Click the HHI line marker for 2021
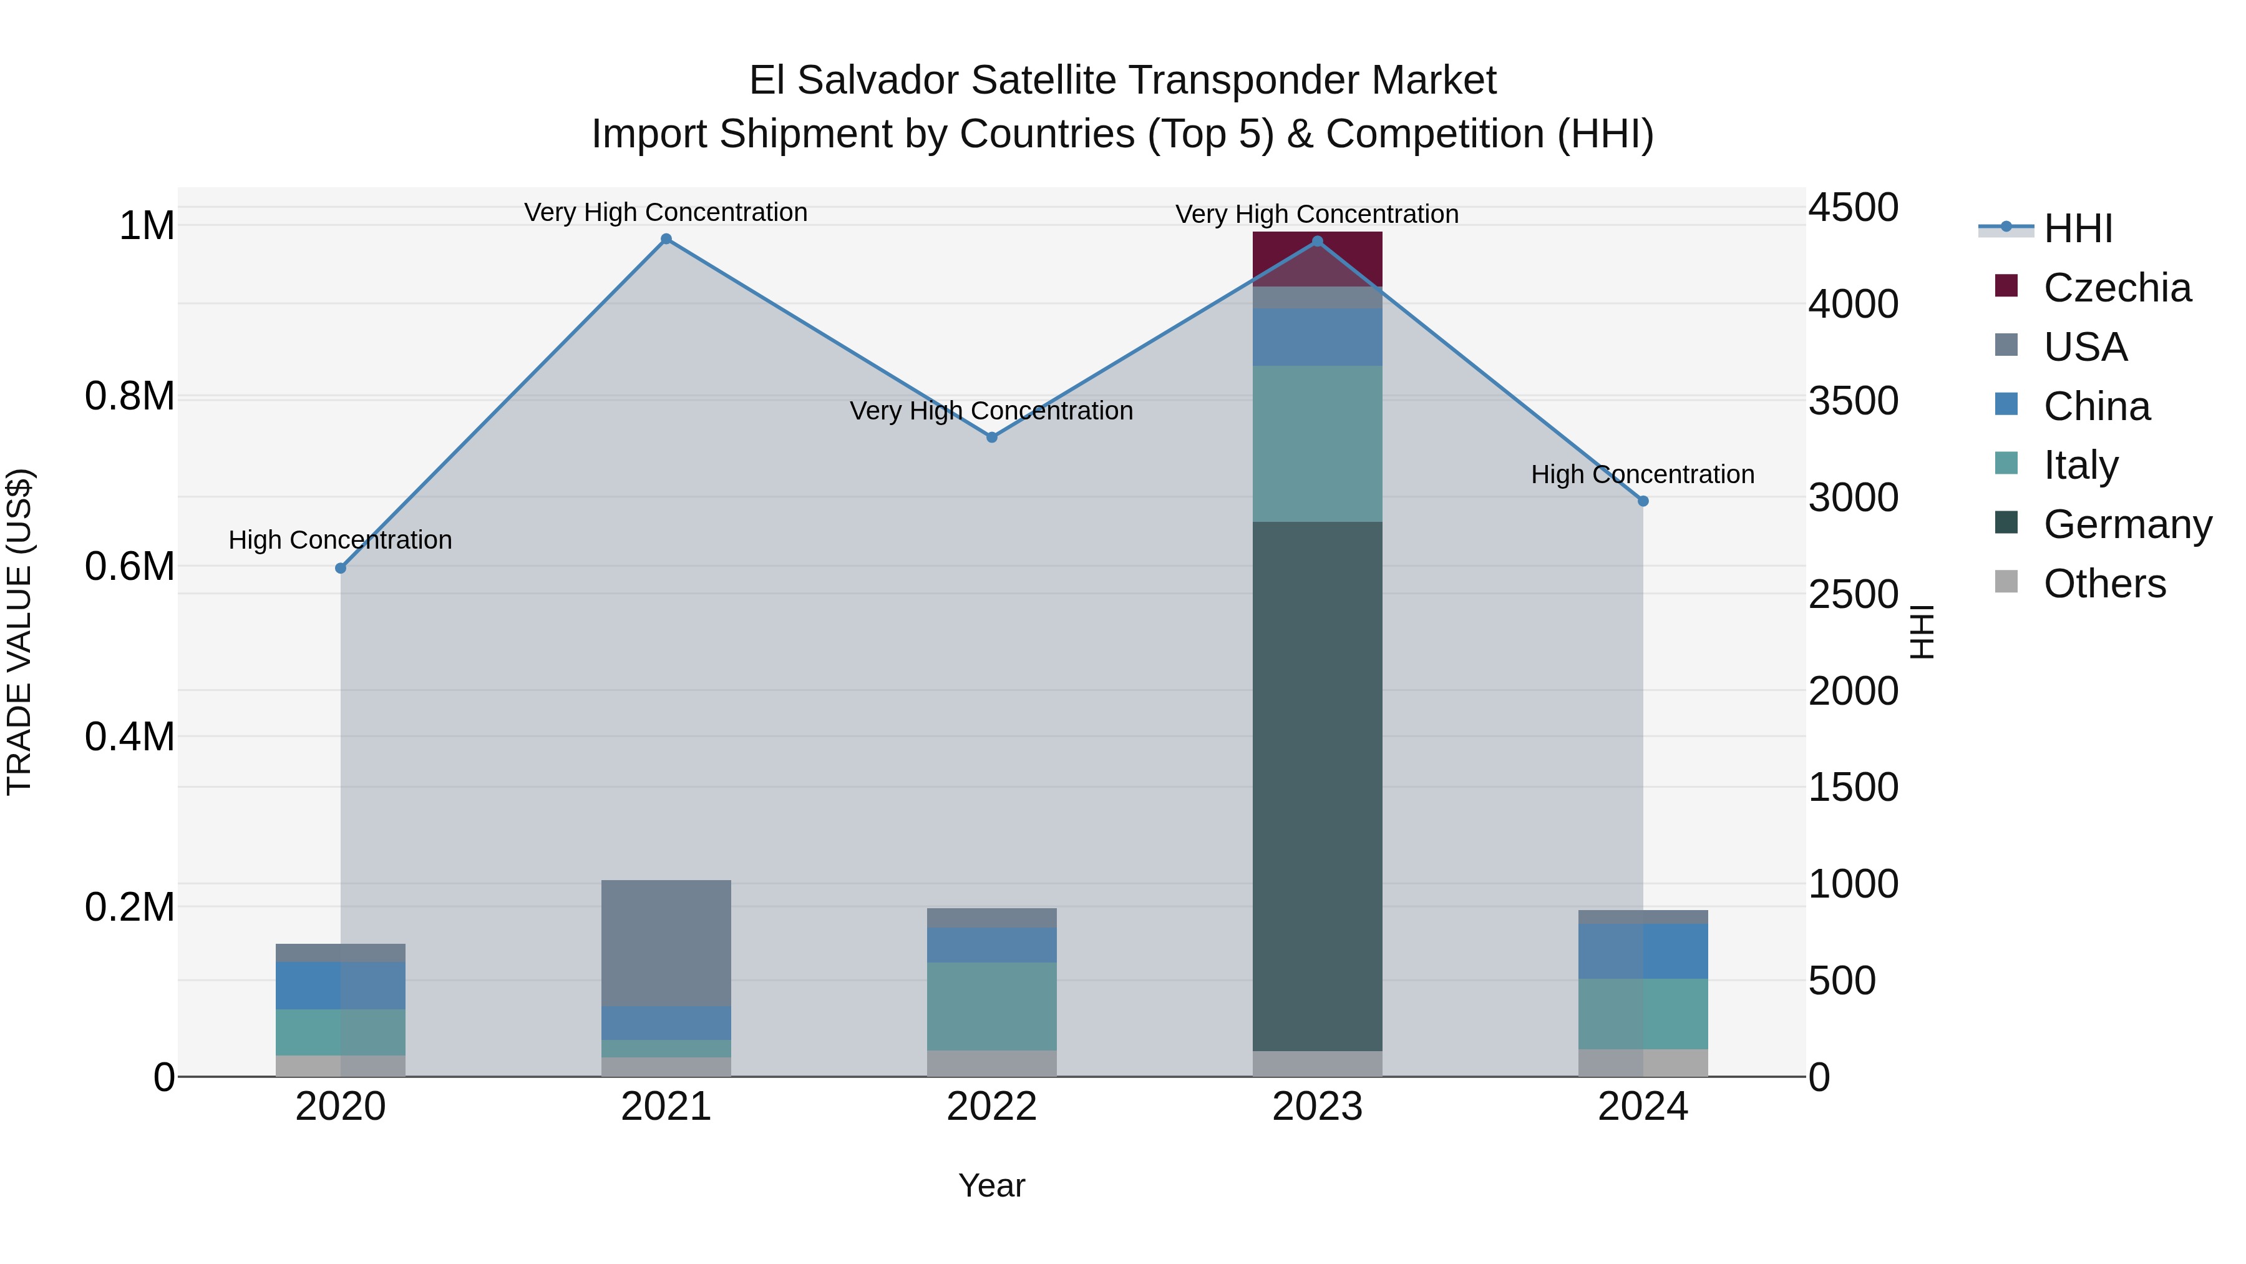(666, 239)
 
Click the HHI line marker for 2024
(1643, 501)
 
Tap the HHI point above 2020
(341, 568)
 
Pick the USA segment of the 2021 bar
(666, 942)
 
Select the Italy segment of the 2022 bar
(991, 1005)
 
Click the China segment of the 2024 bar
(1643, 951)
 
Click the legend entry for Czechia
(2116, 288)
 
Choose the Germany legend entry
(2127, 524)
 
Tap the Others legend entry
(2104, 584)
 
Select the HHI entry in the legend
(2077, 228)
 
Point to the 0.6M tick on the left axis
(129, 566)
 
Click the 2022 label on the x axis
(991, 1106)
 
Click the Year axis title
(991, 1185)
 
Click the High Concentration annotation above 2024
(1643, 474)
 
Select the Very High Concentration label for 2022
(991, 411)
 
